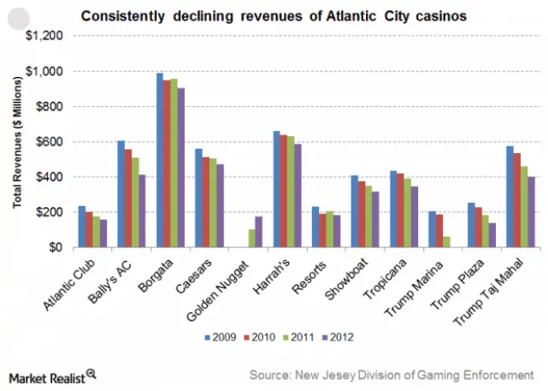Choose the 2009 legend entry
click(x=220, y=337)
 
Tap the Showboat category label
click(x=339, y=277)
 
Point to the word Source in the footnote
click(x=270, y=375)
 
